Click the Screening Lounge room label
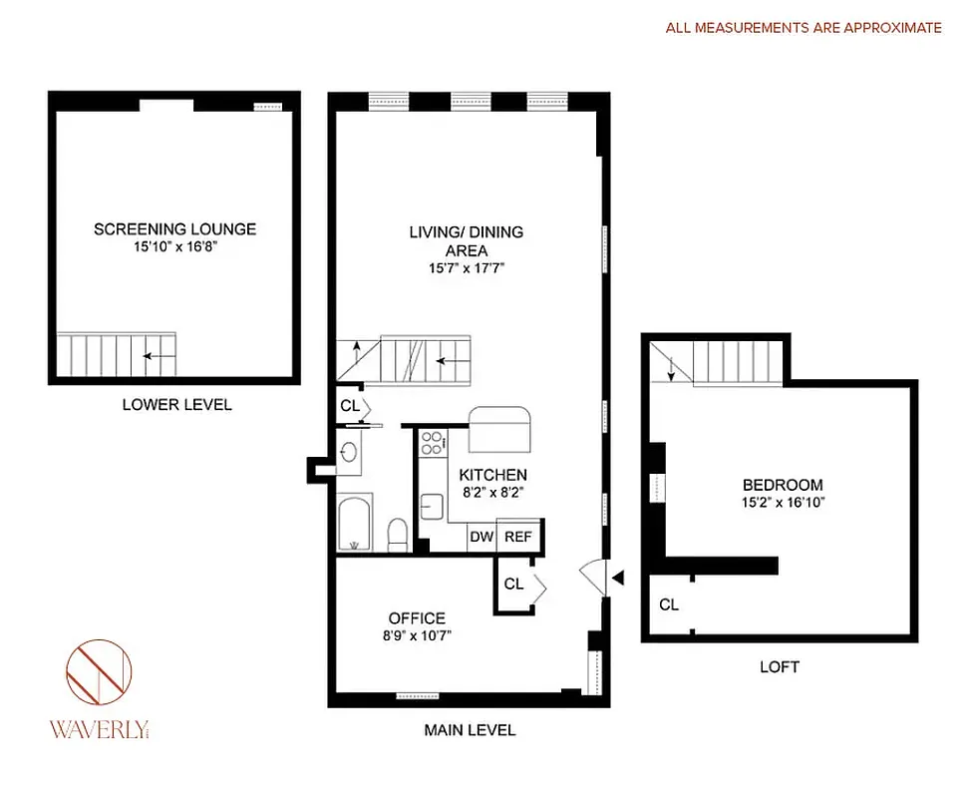click(174, 228)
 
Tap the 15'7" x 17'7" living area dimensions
click(466, 268)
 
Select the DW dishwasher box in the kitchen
click(482, 537)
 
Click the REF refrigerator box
click(518, 537)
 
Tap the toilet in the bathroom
click(396, 533)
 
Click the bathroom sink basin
click(349, 455)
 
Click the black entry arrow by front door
click(618, 577)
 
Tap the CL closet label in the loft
click(668, 604)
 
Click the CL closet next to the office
click(513, 585)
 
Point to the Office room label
click(417, 618)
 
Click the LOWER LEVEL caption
click(176, 405)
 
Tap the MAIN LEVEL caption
click(470, 730)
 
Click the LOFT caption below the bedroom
click(779, 667)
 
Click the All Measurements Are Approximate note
click(804, 28)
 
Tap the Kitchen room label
click(492, 475)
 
